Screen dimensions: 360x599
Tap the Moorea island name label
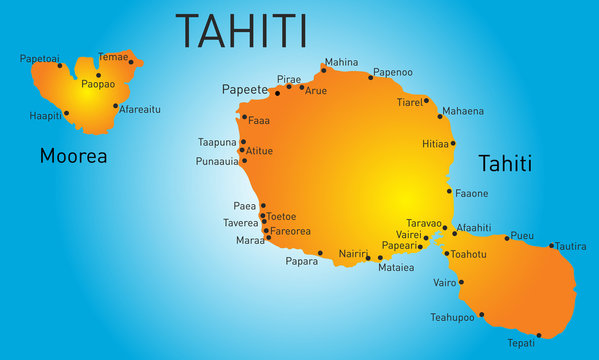[73, 156]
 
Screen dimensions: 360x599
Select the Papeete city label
[245, 89]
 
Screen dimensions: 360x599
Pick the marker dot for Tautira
[551, 245]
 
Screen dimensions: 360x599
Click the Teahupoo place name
[452, 317]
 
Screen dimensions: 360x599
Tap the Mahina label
[341, 61]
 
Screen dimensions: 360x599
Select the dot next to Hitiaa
[453, 143]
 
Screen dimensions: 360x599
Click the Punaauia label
[217, 160]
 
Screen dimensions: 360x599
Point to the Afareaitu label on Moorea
[140, 108]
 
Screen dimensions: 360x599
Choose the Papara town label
[302, 262]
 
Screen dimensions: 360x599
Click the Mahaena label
[462, 111]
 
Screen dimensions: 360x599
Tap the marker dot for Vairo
[461, 282]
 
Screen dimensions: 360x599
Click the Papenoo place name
[392, 73]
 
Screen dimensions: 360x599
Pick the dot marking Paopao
[98, 75]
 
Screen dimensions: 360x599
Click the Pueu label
[522, 236]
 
